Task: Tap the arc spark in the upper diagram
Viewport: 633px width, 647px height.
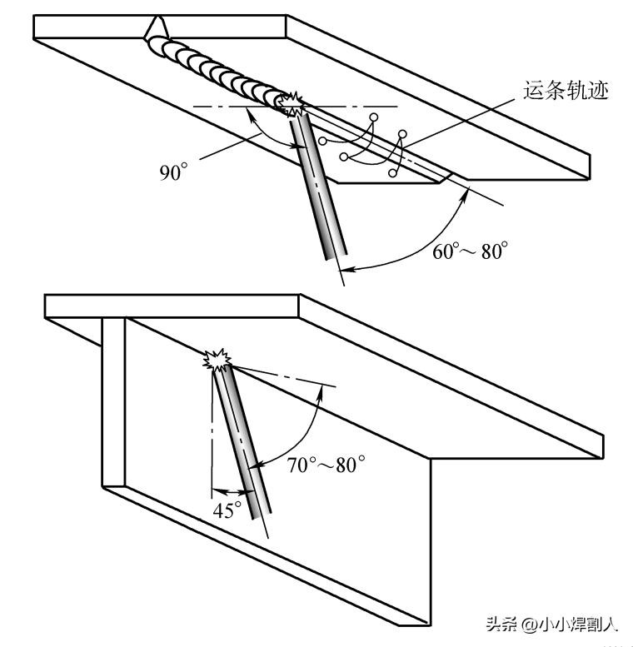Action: point(292,104)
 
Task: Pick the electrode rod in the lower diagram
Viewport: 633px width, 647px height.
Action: point(241,441)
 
